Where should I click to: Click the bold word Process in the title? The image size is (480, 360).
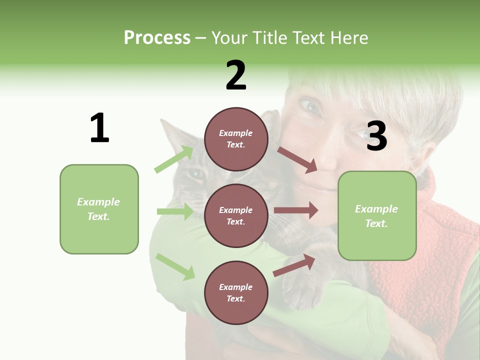157,37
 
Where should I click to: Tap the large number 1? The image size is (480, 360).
99,128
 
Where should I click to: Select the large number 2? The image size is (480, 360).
236,75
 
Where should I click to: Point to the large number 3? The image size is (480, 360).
376,136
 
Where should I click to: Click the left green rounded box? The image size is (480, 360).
99,209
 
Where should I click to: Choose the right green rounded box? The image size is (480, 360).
377,215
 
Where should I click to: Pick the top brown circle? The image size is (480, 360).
236,139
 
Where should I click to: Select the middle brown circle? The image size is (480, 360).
236,215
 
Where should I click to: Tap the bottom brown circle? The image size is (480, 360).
236,292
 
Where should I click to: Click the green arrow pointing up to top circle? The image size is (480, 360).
174,159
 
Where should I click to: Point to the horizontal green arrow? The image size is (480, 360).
175,211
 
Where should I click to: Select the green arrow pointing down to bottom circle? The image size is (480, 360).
175,266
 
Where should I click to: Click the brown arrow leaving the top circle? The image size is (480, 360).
297,160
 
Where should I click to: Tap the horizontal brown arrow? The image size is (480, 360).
295,210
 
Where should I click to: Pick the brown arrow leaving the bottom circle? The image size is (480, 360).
294,265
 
